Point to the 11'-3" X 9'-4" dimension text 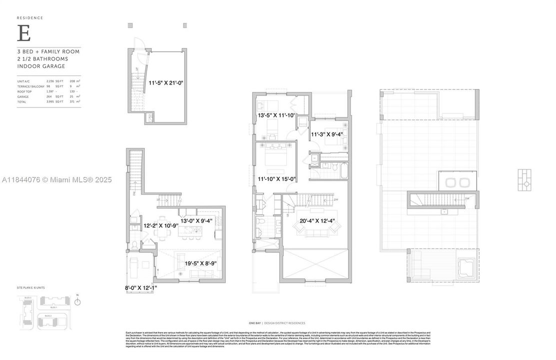327,134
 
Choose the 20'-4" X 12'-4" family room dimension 317,220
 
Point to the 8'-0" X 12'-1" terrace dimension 140,287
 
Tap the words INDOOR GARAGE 41,66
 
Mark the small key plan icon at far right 525,180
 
